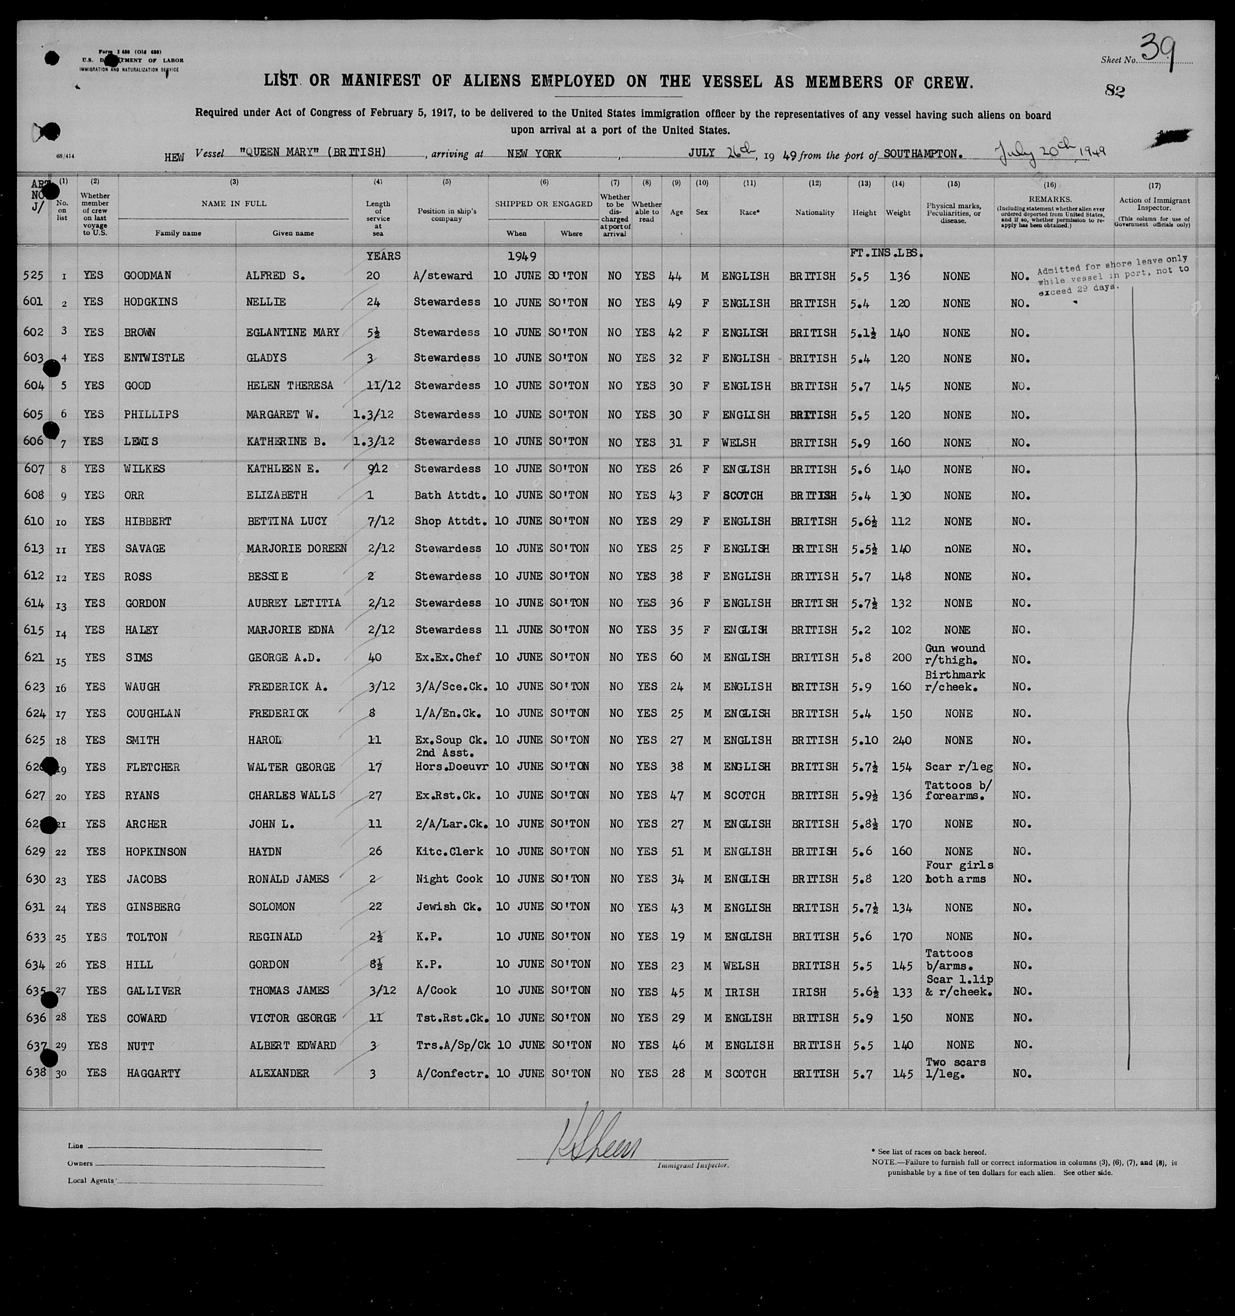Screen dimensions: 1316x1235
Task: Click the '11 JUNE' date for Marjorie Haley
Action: tap(518, 629)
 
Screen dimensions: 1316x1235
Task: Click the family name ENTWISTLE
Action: tap(154, 357)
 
